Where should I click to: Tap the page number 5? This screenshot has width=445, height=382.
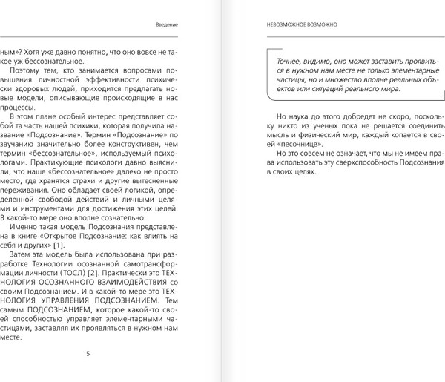click(x=88, y=352)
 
